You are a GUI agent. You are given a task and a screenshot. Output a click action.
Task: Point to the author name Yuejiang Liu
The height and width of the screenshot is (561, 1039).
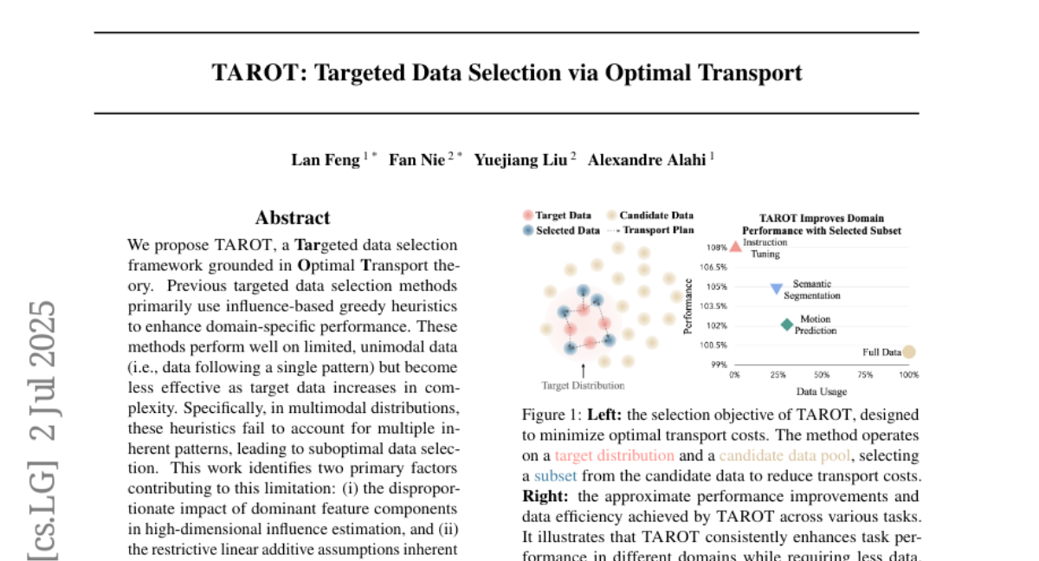(x=520, y=160)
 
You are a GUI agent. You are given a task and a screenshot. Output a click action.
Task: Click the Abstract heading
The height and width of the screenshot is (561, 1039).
(x=293, y=218)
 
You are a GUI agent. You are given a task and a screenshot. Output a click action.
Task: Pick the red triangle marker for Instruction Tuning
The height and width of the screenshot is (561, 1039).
(x=736, y=247)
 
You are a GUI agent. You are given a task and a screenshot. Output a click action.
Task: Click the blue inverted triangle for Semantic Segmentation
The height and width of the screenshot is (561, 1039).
(x=777, y=288)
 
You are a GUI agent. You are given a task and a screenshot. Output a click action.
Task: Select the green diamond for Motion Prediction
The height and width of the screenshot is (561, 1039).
(x=786, y=325)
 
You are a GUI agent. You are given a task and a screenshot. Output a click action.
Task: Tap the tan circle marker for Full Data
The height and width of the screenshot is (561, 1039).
(x=908, y=351)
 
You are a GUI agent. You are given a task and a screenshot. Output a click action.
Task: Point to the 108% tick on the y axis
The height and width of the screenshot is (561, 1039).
(x=718, y=248)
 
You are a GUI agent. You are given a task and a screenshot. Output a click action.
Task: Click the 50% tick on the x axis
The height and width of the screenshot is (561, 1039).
(x=822, y=375)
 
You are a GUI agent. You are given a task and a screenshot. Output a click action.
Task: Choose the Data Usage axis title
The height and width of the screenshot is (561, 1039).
(x=822, y=391)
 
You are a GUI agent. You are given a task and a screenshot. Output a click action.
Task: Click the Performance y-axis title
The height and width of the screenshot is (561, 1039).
(x=687, y=306)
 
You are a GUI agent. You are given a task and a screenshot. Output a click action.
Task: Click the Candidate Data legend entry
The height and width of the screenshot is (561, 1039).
(x=656, y=215)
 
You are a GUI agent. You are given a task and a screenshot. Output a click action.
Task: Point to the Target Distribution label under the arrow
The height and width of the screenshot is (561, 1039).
(x=583, y=385)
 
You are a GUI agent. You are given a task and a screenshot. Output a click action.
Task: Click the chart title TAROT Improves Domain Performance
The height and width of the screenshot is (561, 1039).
(x=822, y=224)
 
